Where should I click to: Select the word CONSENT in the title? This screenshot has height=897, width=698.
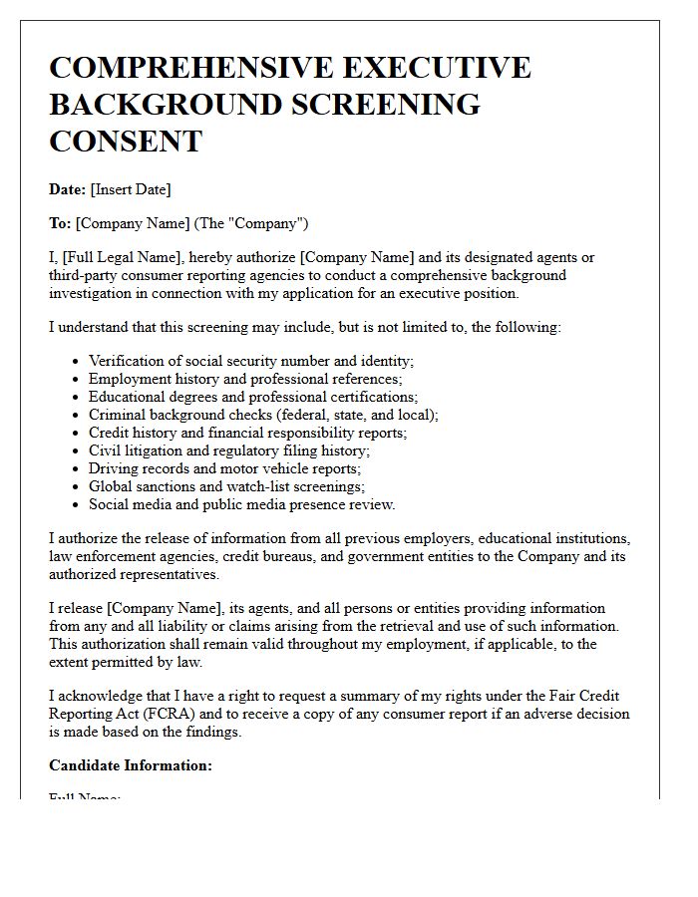[126, 141]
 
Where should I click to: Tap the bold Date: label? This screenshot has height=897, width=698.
[67, 189]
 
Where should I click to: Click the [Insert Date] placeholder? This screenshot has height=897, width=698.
[131, 189]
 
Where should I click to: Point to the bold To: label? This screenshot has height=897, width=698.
[60, 223]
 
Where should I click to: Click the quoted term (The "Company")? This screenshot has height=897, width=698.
[259, 223]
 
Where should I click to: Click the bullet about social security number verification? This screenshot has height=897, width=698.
[250, 361]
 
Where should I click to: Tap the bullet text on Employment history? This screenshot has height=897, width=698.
[244, 379]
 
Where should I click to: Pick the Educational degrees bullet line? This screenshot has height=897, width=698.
[252, 397]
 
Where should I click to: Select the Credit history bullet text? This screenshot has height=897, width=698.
[247, 433]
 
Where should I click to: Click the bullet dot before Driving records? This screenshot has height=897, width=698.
[77, 468]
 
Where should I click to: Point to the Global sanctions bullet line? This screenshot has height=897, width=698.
[226, 486]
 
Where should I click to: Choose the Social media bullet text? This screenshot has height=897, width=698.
[241, 504]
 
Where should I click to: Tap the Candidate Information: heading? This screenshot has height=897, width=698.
[130, 765]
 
